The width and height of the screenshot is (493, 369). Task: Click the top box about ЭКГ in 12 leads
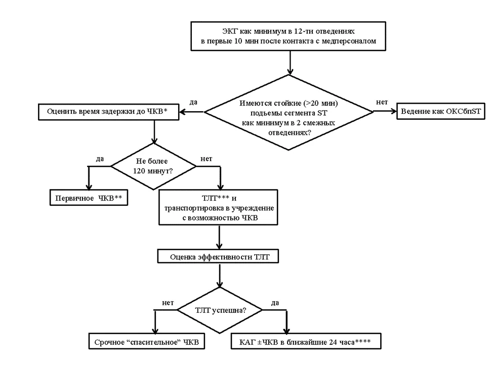click(x=289, y=36)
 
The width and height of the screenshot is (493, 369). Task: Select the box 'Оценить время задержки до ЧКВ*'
click(x=108, y=112)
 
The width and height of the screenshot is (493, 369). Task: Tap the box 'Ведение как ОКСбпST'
click(x=441, y=112)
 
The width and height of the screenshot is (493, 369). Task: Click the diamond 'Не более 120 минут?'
click(x=153, y=166)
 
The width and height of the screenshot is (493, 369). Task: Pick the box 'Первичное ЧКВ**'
click(x=89, y=198)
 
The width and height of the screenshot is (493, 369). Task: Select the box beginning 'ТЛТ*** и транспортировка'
click(x=219, y=207)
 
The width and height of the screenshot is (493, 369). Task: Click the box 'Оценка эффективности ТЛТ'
click(x=218, y=257)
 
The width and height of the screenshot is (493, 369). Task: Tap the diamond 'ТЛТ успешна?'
click(x=220, y=310)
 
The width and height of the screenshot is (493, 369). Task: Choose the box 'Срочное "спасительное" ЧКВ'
click(x=147, y=341)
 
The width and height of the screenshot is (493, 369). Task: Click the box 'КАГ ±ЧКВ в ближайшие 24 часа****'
click(x=306, y=341)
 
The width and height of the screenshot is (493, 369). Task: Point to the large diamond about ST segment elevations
click(x=289, y=112)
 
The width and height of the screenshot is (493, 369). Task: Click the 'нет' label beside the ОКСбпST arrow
click(x=382, y=102)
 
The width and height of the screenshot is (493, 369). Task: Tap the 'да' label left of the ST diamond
click(x=193, y=102)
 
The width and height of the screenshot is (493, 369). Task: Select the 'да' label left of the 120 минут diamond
click(x=100, y=159)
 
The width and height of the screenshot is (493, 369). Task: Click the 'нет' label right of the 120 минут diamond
click(x=206, y=159)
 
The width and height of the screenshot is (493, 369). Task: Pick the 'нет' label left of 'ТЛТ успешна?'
click(x=168, y=303)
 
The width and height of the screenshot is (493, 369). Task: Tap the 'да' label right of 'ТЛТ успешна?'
click(x=275, y=303)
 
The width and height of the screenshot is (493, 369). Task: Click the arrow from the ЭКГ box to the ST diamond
click(x=290, y=63)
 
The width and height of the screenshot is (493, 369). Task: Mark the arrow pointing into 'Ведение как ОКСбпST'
click(x=385, y=111)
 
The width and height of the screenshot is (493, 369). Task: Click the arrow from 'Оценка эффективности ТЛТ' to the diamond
click(x=220, y=275)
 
